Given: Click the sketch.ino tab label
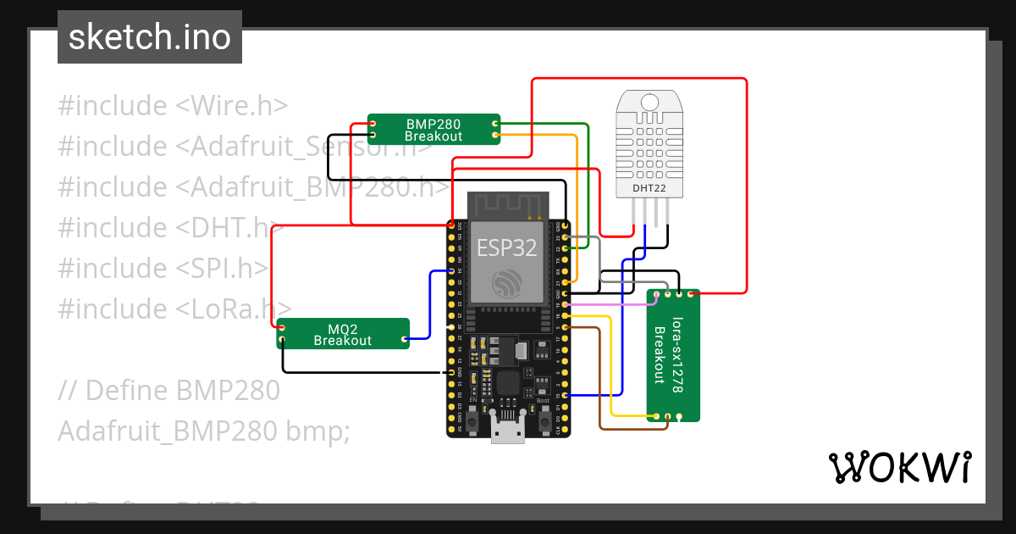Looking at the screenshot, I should point(149,37).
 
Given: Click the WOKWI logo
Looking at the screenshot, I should point(899,467).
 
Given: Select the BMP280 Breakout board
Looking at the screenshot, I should point(433,130).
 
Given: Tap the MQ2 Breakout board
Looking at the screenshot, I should point(343,334).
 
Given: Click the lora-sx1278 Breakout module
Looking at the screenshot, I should point(675,354).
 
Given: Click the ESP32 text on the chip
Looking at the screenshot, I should point(506,248).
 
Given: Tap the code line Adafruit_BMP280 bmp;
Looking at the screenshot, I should point(203,431).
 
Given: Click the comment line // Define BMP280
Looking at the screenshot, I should point(169,390).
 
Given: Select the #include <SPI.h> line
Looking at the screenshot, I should point(163,268).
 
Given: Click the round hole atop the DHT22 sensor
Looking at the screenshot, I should point(649,103).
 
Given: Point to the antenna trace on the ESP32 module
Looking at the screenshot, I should point(506,206).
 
